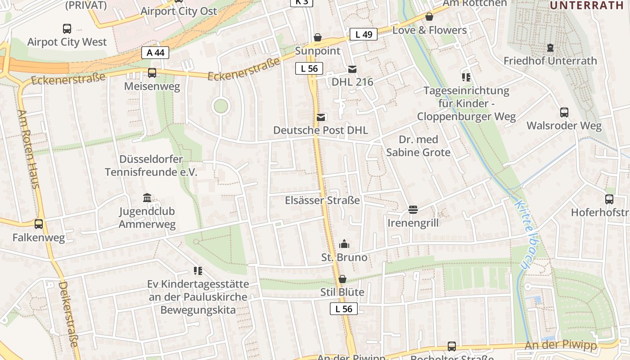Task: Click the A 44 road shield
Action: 155,53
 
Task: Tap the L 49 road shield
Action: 363,34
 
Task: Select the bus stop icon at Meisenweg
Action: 152,73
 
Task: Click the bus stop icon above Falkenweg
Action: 39,224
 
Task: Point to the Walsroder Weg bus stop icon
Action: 564,112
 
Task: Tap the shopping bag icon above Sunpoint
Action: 318,37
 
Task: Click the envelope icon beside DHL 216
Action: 352,69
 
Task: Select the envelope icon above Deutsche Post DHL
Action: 321,117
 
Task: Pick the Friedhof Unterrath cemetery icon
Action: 550,48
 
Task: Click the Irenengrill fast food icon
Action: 413,210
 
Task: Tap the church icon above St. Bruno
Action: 344,244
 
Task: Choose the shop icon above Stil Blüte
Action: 342,279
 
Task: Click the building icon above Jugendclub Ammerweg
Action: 147,198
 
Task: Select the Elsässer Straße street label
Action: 322,200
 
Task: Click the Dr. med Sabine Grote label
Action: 418,146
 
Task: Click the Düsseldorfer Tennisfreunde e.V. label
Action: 151,166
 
